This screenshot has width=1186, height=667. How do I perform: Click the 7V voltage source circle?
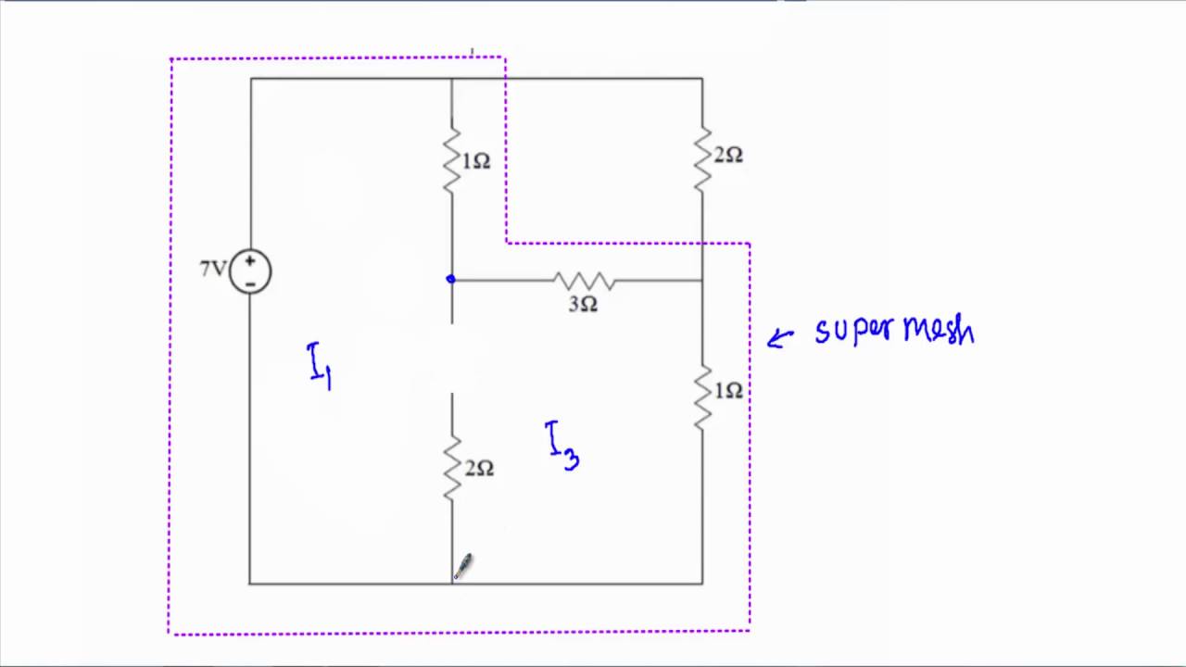pyautogui.click(x=250, y=271)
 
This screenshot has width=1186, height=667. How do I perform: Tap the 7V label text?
pyautogui.click(x=212, y=269)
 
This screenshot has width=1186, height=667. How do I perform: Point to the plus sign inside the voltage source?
pyautogui.click(x=250, y=261)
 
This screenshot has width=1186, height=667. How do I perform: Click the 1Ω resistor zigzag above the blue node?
pyautogui.click(x=452, y=161)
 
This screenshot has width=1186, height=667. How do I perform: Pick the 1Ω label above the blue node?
pyautogui.click(x=476, y=162)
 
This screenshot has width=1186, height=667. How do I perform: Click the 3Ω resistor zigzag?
pyautogui.click(x=583, y=280)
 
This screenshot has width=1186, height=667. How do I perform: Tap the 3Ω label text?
pyautogui.click(x=583, y=305)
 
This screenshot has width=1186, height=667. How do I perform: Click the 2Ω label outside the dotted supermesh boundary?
pyautogui.click(x=728, y=156)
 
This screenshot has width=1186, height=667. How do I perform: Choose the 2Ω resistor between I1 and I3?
pyautogui.click(x=452, y=468)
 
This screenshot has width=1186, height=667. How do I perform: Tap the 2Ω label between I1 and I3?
pyautogui.click(x=479, y=469)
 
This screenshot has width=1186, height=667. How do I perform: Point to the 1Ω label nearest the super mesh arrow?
pyautogui.click(x=728, y=392)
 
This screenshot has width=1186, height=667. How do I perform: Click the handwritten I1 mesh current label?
pyautogui.click(x=320, y=365)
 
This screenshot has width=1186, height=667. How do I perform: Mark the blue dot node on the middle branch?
pyautogui.click(x=450, y=279)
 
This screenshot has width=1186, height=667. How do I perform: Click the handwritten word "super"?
pyautogui.click(x=845, y=331)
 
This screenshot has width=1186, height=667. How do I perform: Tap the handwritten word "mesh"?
pyautogui.click(x=939, y=329)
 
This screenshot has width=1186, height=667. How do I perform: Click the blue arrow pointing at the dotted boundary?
pyautogui.click(x=780, y=337)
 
